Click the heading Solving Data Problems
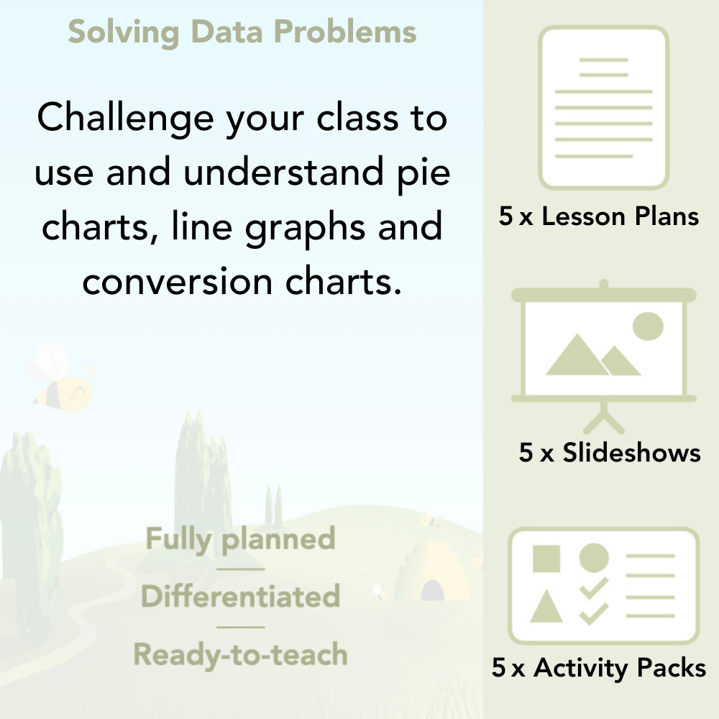tap(242, 32)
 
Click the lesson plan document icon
tap(604, 108)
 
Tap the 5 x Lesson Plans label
tap(599, 216)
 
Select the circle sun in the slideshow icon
tap(647, 326)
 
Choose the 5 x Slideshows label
tap(610, 452)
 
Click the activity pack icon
tap(603, 586)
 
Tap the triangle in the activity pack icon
tap(546, 607)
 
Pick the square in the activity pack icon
tap(546, 558)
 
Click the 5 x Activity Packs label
tap(599, 668)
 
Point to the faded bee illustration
tap(61, 381)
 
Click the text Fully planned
tap(240, 539)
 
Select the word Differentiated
tap(240, 597)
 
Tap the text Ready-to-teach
tap(240, 654)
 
